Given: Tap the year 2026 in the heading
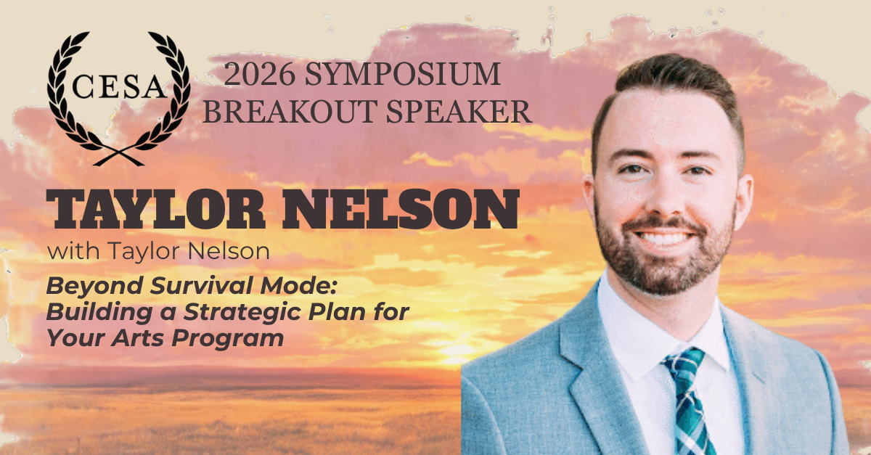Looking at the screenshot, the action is point(259,74).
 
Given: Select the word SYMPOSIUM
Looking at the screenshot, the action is point(402,74).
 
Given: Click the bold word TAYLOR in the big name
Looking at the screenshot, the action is point(156,209).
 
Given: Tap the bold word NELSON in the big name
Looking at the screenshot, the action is point(401,209).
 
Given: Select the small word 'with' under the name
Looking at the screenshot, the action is point(73,250).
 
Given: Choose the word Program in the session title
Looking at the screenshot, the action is point(227,338).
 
